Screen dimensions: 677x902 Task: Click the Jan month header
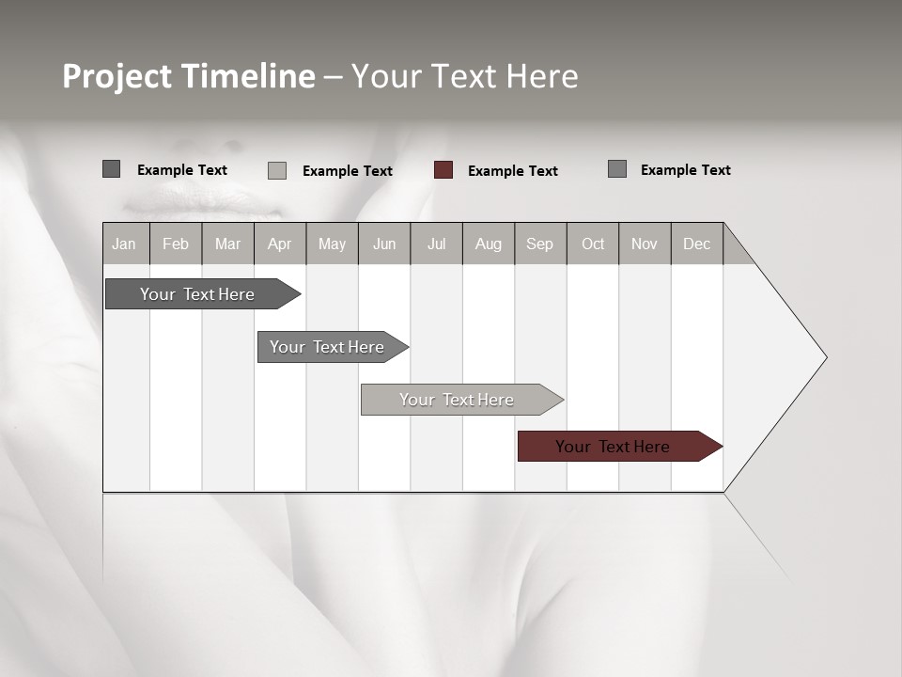click(x=124, y=244)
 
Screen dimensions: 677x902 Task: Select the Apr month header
click(x=280, y=244)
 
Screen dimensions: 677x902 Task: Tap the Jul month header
click(x=436, y=244)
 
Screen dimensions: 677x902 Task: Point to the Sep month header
click(x=539, y=244)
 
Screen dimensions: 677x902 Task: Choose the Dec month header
click(x=696, y=244)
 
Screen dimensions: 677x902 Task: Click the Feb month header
click(x=176, y=244)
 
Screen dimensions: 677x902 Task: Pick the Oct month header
click(x=593, y=244)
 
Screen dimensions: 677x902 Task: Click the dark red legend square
click(x=443, y=170)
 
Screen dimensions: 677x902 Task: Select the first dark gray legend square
click(x=112, y=169)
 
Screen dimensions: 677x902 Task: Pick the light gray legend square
click(x=277, y=170)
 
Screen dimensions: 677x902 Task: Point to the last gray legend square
click(x=617, y=169)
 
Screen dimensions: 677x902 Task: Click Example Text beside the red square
click(x=513, y=171)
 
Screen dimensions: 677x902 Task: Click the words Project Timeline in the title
click(x=188, y=76)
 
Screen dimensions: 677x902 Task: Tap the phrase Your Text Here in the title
click(x=464, y=76)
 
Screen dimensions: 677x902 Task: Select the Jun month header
click(x=384, y=244)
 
